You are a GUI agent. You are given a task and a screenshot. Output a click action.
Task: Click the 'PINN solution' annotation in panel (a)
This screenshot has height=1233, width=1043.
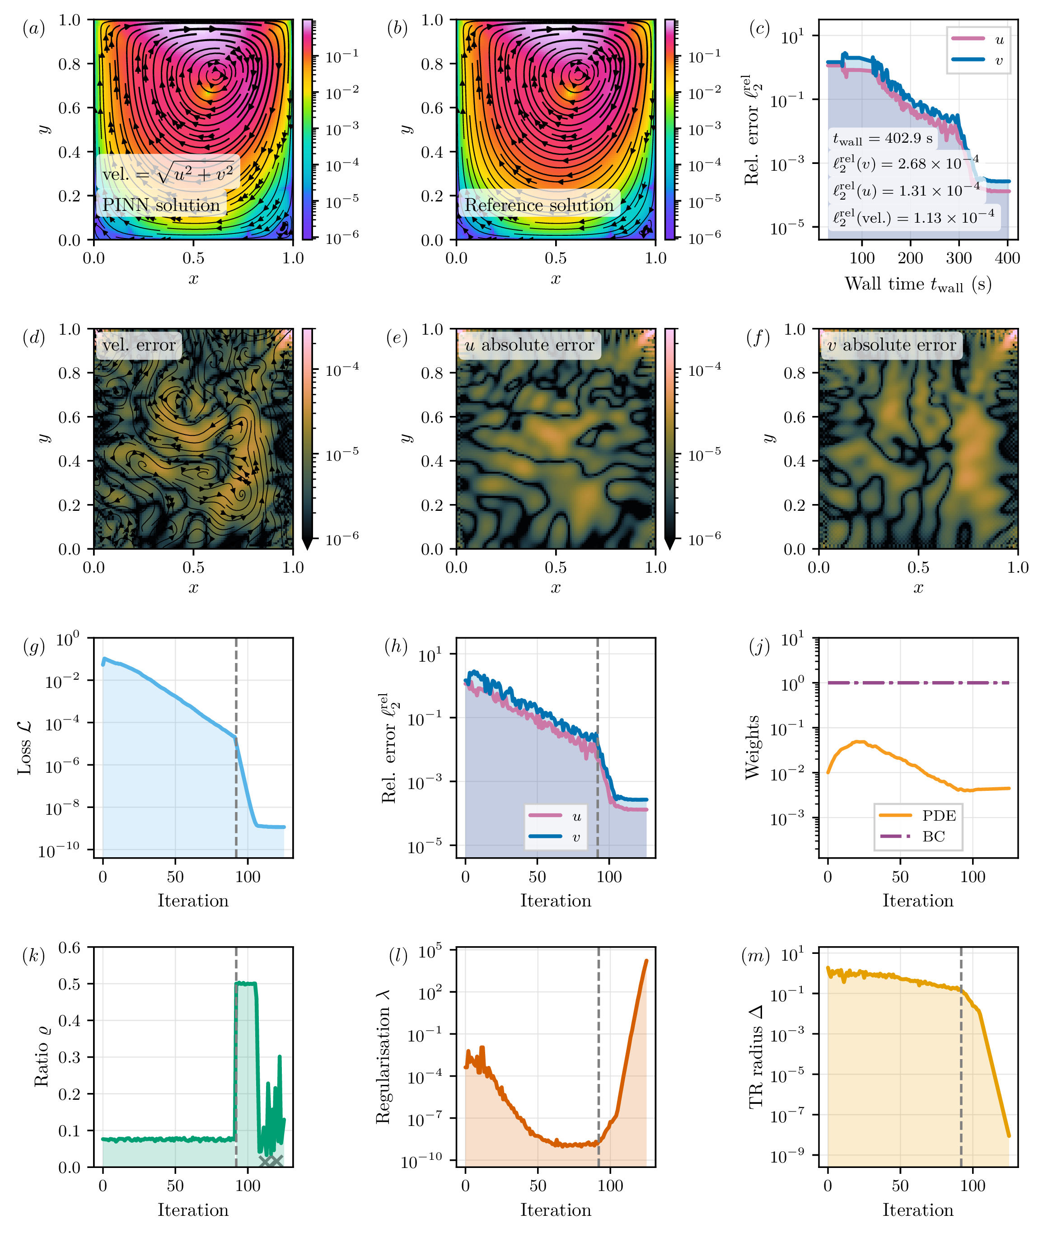coord(161,205)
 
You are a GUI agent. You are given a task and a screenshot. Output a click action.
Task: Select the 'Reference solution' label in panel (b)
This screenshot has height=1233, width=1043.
coord(539,205)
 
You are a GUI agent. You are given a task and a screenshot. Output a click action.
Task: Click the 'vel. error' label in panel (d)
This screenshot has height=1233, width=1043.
coord(139,345)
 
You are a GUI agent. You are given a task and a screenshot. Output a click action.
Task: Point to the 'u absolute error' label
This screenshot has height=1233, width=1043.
coord(529,345)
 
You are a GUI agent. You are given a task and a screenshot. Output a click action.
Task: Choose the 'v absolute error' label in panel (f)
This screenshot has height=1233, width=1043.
coord(891,345)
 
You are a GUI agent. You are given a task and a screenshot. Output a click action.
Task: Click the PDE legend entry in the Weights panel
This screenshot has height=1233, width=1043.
coord(918,816)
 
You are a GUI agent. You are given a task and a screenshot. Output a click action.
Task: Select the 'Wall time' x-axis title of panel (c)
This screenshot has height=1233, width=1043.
coord(918,284)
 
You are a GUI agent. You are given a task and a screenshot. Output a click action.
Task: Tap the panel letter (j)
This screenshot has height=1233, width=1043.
coord(759,647)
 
